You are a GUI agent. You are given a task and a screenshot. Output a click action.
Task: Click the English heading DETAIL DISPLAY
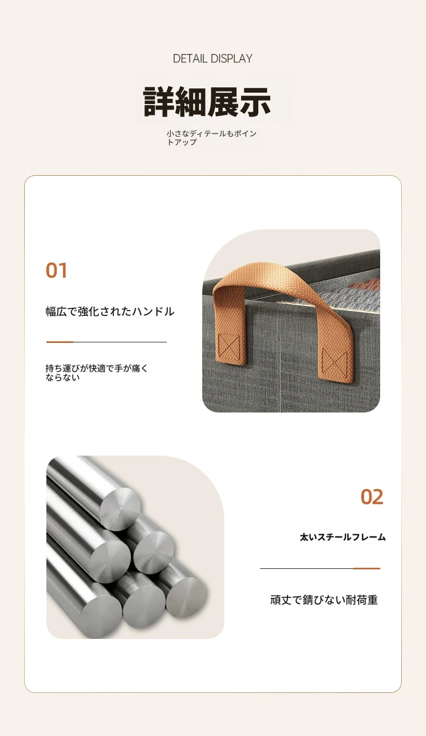coord(212,59)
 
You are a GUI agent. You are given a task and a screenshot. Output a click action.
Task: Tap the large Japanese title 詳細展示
coord(207,102)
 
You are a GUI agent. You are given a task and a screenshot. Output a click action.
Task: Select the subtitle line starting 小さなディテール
coord(211,137)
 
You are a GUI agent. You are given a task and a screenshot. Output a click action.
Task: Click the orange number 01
coord(56,271)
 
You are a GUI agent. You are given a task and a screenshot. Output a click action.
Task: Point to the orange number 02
coord(372,497)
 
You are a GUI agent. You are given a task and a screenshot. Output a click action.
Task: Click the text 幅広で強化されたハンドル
coord(110,312)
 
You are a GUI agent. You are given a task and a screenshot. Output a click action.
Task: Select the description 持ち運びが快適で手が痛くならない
coord(97,373)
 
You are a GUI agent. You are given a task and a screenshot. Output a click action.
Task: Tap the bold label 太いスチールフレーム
coord(342,537)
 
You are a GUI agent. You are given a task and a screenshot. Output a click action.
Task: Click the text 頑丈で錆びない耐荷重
coord(324,600)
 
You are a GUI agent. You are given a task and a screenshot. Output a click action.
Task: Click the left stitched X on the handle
coord(229,345)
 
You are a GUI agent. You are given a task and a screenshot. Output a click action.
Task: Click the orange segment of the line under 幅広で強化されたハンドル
coord(60,342)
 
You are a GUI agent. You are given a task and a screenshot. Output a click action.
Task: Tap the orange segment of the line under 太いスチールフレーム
coord(367,568)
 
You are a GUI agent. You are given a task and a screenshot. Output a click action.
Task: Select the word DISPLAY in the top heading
coord(231,59)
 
